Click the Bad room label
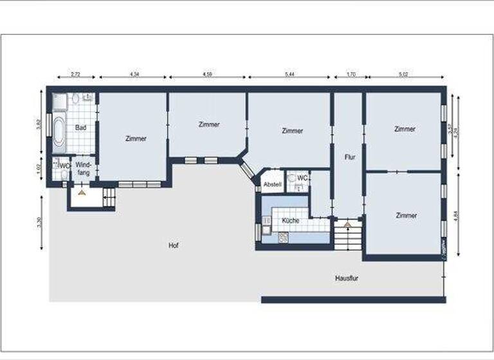[x=81, y=128]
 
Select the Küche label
[x=290, y=221]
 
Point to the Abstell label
[x=272, y=184]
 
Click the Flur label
[x=350, y=156]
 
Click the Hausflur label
[x=347, y=278]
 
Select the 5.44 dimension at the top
[x=289, y=75]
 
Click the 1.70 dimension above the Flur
[x=351, y=75]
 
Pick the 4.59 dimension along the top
[x=208, y=75]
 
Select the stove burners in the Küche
[x=283, y=239]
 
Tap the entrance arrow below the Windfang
[x=81, y=192]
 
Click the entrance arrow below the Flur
[x=347, y=224]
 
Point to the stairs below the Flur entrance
[x=348, y=239]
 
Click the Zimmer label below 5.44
[x=292, y=130]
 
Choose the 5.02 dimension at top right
[x=403, y=75]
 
